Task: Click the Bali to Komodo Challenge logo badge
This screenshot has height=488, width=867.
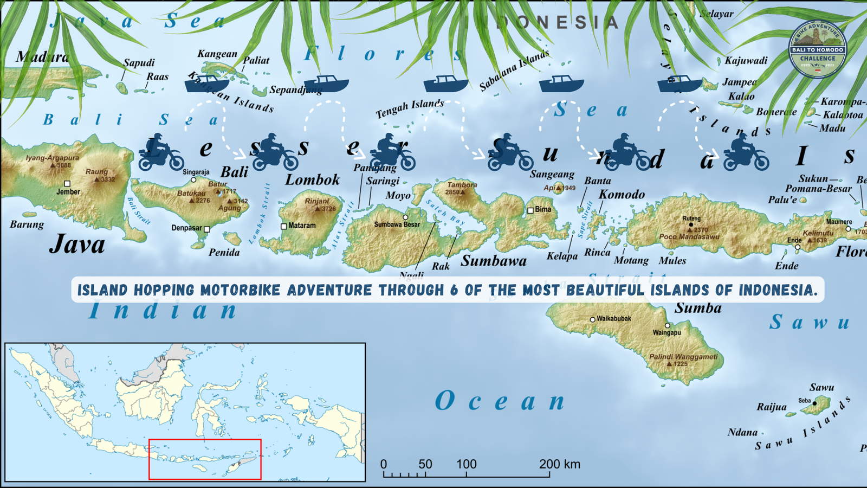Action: pyautogui.click(x=817, y=49)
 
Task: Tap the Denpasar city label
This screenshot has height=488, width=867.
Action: pyautogui.click(x=187, y=228)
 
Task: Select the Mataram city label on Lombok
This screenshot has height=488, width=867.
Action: pyautogui.click(x=302, y=226)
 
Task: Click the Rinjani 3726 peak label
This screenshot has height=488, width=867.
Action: pyautogui.click(x=319, y=204)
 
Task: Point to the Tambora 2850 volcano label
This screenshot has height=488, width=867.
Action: pyautogui.click(x=462, y=188)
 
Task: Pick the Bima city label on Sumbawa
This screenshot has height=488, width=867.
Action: pyautogui.click(x=542, y=209)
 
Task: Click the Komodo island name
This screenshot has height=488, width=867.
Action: pyautogui.click(x=622, y=194)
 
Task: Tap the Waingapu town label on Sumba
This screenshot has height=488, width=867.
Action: pyautogui.click(x=667, y=332)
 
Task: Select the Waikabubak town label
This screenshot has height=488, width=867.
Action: pyautogui.click(x=613, y=319)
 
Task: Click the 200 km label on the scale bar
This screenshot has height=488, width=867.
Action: pyautogui.click(x=559, y=464)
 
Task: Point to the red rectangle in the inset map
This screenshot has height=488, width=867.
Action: pyautogui.click(x=205, y=459)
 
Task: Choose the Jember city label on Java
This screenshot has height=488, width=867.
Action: pyautogui.click(x=68, y=192)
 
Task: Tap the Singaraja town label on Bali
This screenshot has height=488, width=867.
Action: pyautogui.click(x=196, y=172)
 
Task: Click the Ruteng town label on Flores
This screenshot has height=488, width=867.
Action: pyautogui.click(x=691, y=219)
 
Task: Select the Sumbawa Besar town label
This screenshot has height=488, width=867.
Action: pyautogui.click(x=397, y=224)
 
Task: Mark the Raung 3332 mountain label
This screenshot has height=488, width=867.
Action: pyautogui.click(x=100, y=175)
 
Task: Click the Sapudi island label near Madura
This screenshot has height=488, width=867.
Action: pyautogui.click(x=139, y=63)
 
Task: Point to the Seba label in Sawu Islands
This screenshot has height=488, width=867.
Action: pyautogui.click(x=804, y=401)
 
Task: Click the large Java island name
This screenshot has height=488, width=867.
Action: pyautogui.click(x=77, y=244)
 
